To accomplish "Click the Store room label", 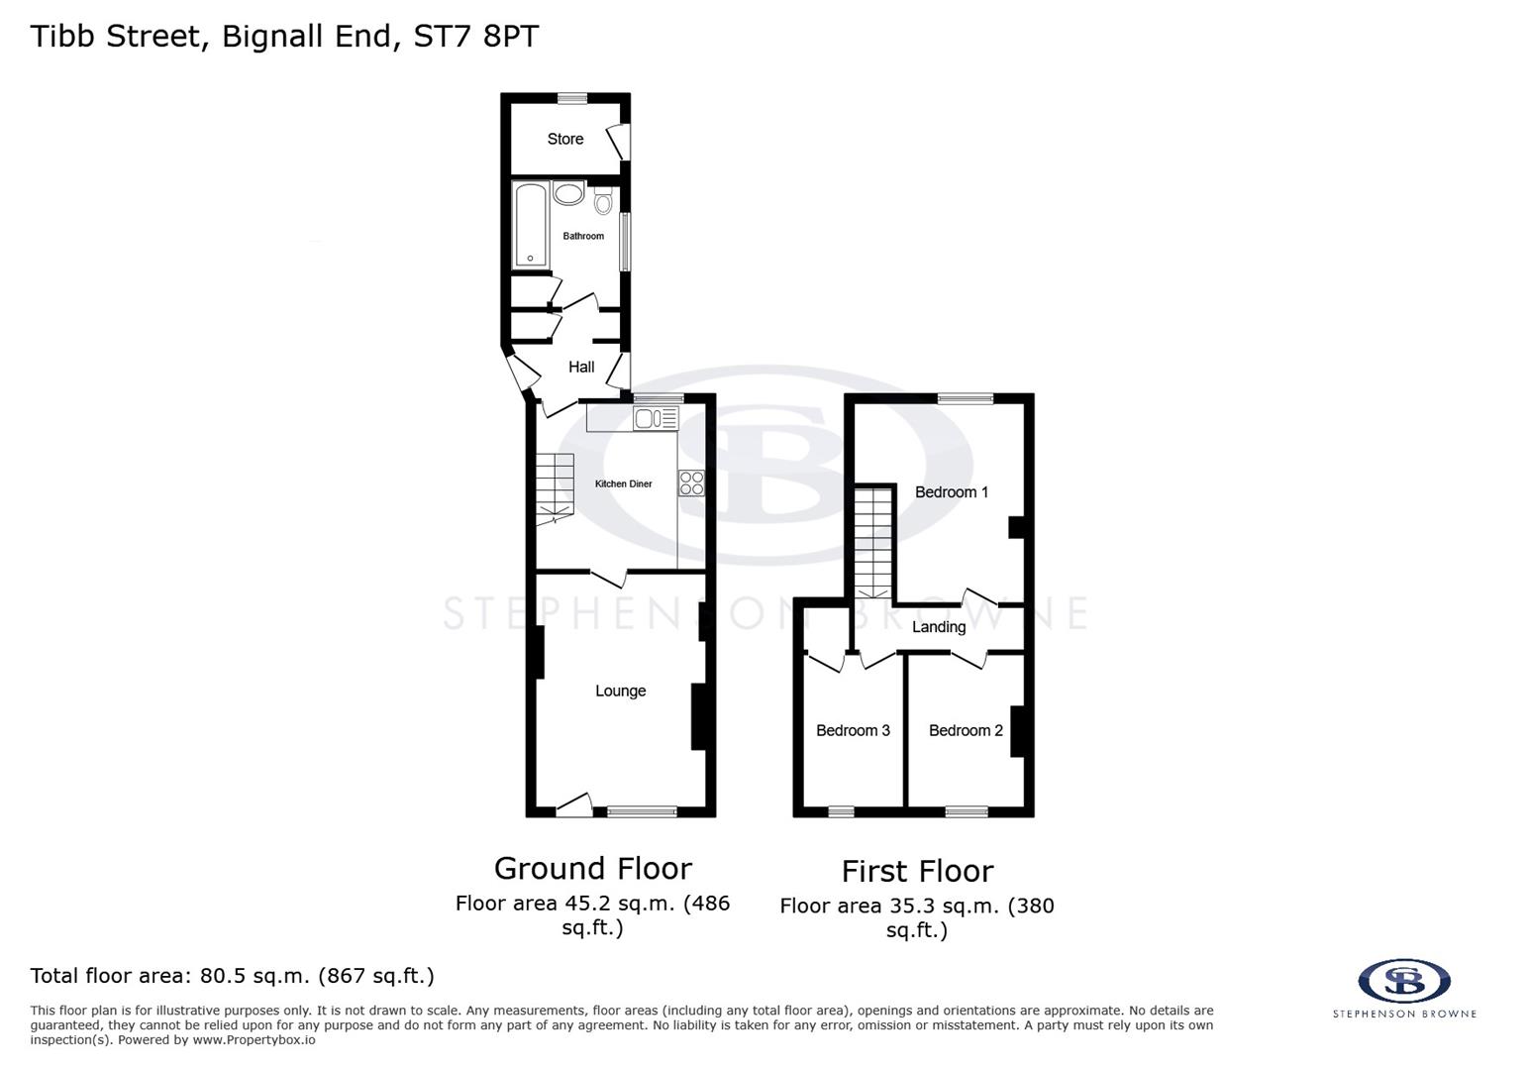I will [x=565, y=140].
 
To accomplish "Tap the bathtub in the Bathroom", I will [x=530, y=225].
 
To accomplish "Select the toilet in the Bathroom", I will [x=603, y=203].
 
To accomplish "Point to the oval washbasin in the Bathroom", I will [x=568, y=193].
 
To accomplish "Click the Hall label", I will [x=581, y=368].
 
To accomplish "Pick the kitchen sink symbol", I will [x=656, y=419].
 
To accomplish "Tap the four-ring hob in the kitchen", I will [x=691, y=483].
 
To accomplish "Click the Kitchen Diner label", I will [x=623, y=484].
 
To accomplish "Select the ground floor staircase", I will [x=556, y=487].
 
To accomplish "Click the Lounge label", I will [x=620, y=692].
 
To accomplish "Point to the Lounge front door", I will [x=574, y=803].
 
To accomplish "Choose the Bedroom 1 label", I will [x=951, y=492].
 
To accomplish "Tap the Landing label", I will [x=938, y=627].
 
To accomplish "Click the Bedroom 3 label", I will [x=853, y=731].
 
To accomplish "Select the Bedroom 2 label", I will [x=966, y=731].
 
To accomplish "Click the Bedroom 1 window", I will [x=966, y=398].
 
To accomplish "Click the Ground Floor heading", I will [x=592, y=869].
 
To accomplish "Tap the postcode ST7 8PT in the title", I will [x=474, y=37].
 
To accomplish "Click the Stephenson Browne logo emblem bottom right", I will [x=1403, y=981].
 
